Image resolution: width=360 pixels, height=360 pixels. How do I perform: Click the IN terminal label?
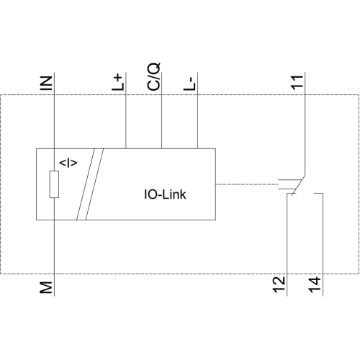point(46,83)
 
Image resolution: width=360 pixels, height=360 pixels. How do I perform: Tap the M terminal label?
point(46,287)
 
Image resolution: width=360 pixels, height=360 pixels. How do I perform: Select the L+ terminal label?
point(118,82)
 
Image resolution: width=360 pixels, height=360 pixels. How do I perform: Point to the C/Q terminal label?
point(153,77)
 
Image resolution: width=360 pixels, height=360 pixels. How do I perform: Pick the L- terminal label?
point(189,84)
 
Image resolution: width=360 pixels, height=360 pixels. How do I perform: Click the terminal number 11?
point(297,83)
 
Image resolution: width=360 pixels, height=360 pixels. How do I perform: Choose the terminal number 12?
point(279,284)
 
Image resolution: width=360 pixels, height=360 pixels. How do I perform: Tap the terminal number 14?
point(315,284)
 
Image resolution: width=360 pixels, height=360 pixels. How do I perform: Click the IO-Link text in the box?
point(165,194)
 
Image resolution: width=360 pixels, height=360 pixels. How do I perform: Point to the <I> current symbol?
point(68,163)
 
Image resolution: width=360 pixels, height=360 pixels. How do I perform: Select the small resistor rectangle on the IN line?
point(54,184)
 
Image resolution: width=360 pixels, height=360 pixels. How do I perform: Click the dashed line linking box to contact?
point(247,184)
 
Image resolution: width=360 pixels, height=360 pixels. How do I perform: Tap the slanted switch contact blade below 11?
point(298,186)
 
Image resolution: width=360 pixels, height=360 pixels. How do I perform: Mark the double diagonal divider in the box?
point(90,184)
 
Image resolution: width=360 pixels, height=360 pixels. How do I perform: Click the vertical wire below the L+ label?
point(126,110)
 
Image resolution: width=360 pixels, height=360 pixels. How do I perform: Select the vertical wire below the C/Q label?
point(161,110)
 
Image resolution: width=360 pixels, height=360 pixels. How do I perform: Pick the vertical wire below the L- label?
point(197,110)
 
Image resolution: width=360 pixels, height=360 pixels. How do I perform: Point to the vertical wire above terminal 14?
point(323,245)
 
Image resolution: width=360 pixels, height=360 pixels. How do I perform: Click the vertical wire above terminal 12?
point(287,245)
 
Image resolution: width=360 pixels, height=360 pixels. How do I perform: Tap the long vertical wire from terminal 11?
point(305,124)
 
